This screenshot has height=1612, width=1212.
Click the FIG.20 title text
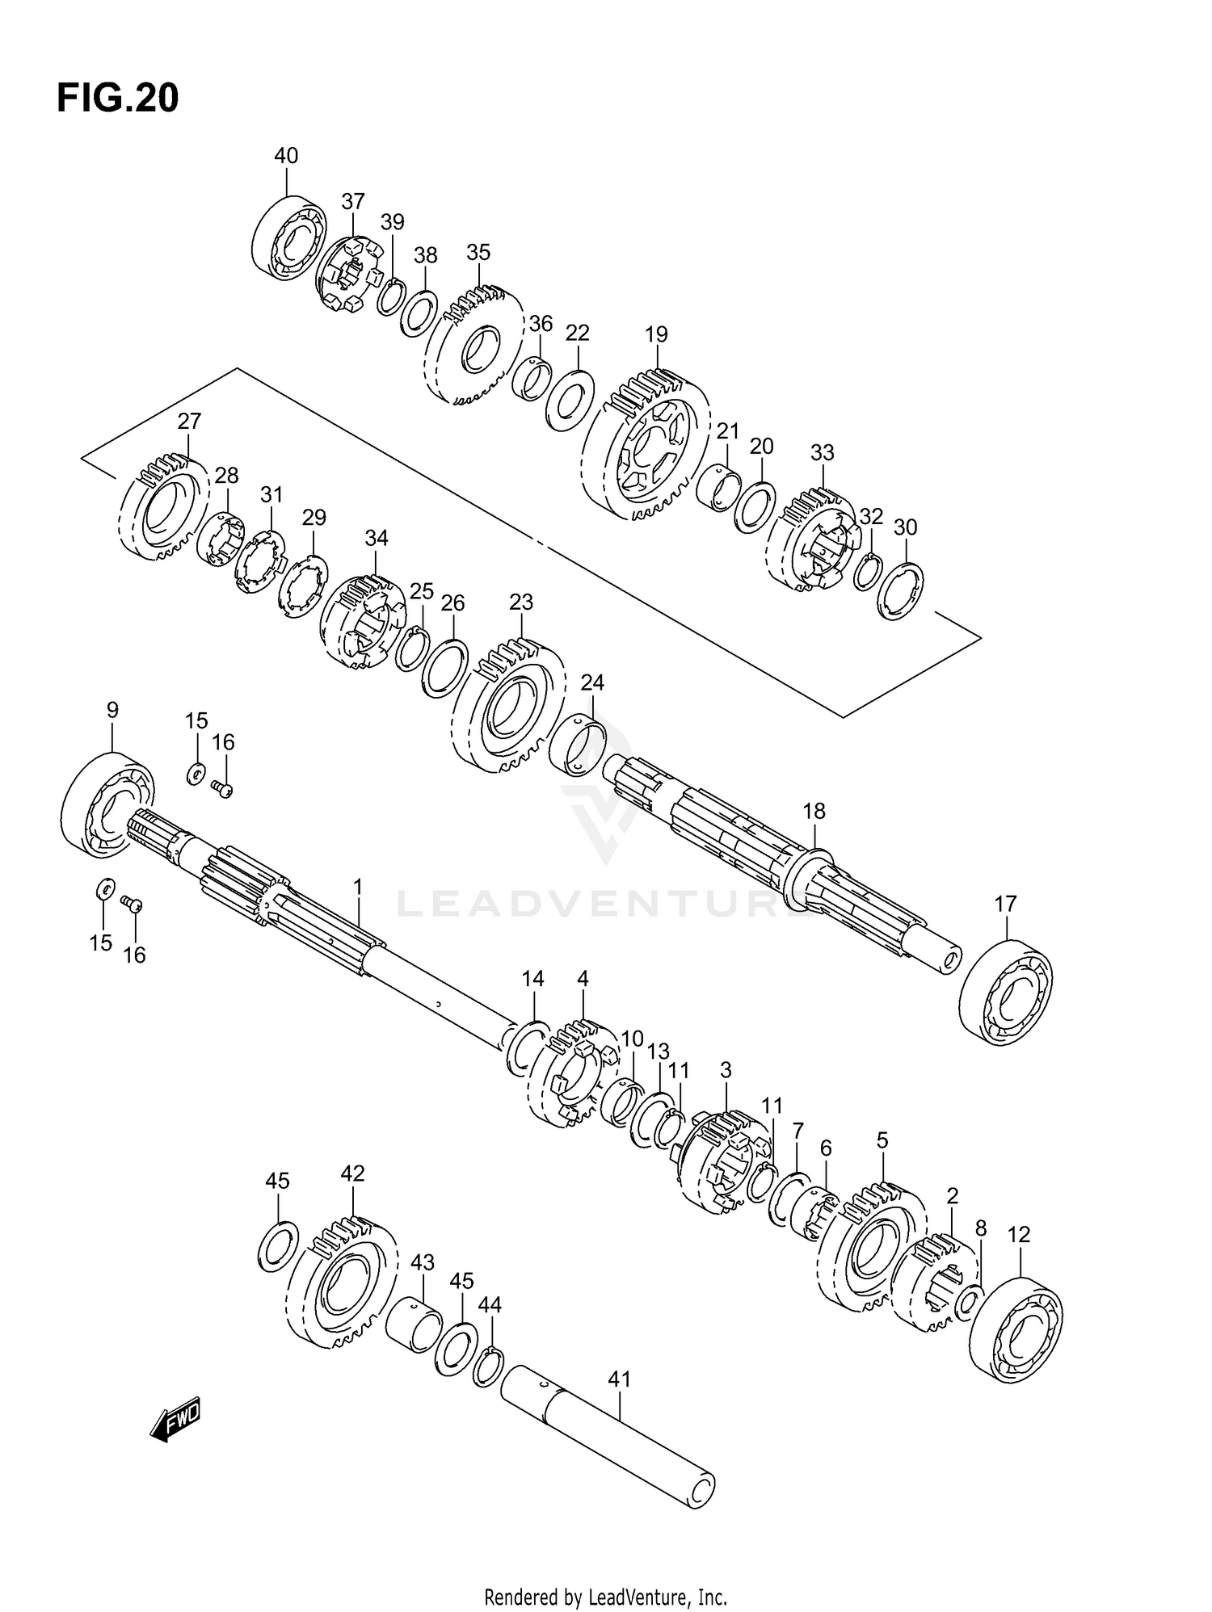point(118,99)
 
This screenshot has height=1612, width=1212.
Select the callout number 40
point(286,155)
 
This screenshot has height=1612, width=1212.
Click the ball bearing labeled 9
point(107,804)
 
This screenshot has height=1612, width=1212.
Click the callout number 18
point(814,811)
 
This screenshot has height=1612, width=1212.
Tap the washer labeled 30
point(901,592)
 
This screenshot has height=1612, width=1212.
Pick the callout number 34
point(377,538)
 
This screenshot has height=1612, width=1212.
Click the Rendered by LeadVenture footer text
point(605,1597)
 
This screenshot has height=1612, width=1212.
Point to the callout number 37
point(353,201)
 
